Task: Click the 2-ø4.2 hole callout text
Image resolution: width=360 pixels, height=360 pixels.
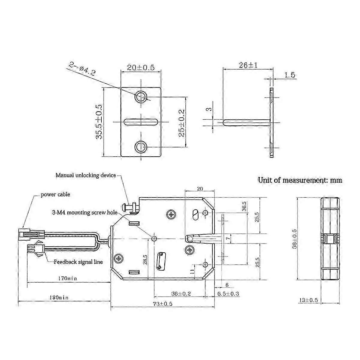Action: (x=82, y=69)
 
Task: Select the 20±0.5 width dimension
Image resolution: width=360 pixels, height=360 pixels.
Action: (x=140, y=67)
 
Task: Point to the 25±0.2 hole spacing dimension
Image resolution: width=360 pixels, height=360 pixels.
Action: (x=181, y=123)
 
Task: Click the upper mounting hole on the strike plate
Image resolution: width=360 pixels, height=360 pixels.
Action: (x=141, y=97)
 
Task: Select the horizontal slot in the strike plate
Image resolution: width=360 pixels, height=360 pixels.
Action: (x=141, y=122)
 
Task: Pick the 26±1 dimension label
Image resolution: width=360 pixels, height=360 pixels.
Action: (x=248, y=65)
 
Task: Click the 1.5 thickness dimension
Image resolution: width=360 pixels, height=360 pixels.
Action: (x=289, y=75)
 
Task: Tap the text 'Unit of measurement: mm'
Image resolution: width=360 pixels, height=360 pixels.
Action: (x=300, y=180)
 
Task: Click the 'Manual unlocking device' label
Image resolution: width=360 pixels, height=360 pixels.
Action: (x=85, y=175)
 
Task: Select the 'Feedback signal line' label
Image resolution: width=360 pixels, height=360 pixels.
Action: (x=78, y=262)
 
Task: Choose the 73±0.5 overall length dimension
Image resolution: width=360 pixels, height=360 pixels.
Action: (x=163, y=304)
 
